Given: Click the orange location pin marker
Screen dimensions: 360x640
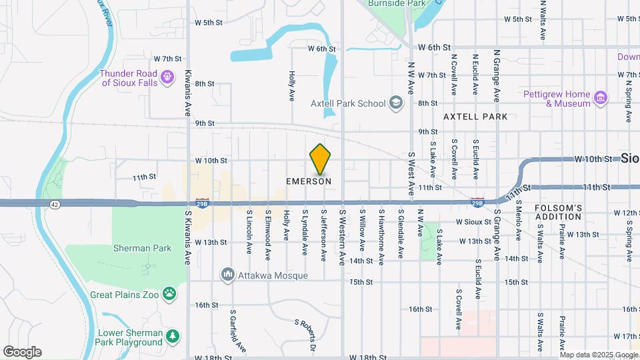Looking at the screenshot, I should click(320, 159).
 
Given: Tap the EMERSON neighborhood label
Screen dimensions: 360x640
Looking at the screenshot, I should click(309, 181).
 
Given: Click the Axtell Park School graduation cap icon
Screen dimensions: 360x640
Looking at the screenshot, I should click(396, 103).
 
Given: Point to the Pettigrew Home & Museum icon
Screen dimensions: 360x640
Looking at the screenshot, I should click(601, 99).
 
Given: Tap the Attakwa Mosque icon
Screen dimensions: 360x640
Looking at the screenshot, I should click(228, 274).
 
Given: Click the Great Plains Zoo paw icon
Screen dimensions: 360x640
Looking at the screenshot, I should click(171, 292).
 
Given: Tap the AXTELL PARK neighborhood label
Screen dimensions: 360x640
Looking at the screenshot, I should click(475, 117).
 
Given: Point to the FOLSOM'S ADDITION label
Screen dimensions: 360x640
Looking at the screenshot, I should click(559, 213).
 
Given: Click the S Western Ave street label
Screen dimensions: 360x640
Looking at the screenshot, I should click(342, 227).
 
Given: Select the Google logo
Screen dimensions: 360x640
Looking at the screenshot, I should click(22, 352).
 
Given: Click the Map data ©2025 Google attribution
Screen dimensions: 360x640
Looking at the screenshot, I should click(599, 355).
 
